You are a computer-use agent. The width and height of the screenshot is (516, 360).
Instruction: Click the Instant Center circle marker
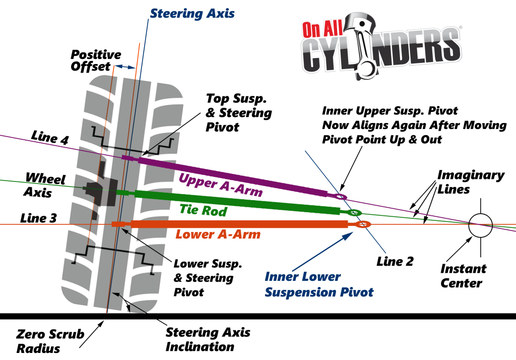click(x=480, y=224)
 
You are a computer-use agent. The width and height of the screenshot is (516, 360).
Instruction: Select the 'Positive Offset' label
click(x=95, y=61)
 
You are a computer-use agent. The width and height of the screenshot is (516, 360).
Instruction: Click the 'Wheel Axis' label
click(x=45, y=185)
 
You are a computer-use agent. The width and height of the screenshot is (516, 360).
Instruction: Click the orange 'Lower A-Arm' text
click(x=218, y=234)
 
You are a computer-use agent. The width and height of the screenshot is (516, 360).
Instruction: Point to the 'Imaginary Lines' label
click(x=470, y=183)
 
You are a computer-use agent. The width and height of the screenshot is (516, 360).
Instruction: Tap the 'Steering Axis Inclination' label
click(x=208, y=339)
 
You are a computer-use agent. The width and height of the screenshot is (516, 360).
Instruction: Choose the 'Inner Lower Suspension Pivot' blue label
click(x=319, y=284)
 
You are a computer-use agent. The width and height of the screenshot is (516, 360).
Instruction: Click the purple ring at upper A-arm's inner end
click(x=341, y=196)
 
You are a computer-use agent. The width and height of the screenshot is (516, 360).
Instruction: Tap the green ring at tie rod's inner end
click(x=355, y=213)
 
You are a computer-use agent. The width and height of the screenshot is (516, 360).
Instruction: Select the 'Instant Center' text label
click(x=464, y=275)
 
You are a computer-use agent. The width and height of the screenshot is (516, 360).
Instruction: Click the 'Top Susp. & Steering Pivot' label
click(x=239, y=112)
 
